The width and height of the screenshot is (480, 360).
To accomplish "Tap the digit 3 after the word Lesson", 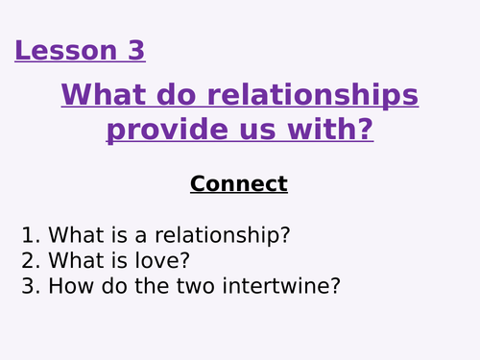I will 135,50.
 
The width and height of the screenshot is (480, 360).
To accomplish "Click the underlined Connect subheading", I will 239,183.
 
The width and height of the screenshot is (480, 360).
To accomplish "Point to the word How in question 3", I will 69,286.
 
